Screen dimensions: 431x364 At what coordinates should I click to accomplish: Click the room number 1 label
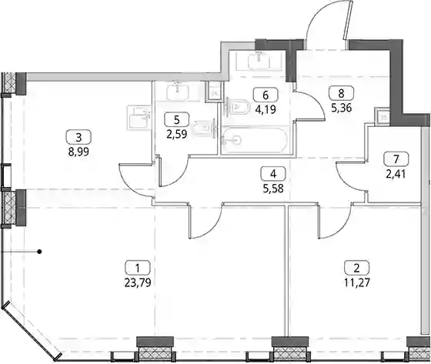138,267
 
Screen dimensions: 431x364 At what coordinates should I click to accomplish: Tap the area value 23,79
138,282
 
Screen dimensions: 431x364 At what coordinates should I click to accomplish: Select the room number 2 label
357,268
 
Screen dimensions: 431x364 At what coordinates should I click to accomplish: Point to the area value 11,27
357,282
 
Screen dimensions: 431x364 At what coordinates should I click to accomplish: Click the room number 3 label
79,137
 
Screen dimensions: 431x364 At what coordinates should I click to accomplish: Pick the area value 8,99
79,152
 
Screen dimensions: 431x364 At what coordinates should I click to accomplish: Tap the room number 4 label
273,174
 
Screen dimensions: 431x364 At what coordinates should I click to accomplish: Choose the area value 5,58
273,189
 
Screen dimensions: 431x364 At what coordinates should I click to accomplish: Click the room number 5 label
176,119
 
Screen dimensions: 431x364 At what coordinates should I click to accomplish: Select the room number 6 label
266,95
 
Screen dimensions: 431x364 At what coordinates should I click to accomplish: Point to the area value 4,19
266,110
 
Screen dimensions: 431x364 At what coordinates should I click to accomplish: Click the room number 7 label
396,159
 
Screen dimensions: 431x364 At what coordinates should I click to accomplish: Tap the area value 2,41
396,174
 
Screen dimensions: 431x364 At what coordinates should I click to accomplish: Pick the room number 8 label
341,93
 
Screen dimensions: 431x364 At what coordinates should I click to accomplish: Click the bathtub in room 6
254,140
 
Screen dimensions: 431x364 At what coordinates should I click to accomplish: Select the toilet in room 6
237,106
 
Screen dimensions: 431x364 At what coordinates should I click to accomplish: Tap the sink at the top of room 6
259,61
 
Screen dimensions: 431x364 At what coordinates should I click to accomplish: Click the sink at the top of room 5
178,92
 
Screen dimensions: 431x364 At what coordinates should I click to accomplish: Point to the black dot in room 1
39,252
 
